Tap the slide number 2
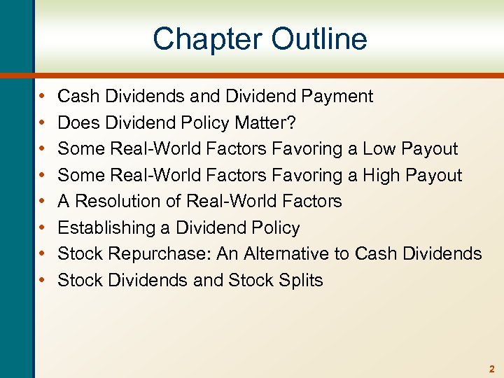pyautogui.click(x=492, y=368)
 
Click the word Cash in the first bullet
pyautogui.click(x=77, y=97)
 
